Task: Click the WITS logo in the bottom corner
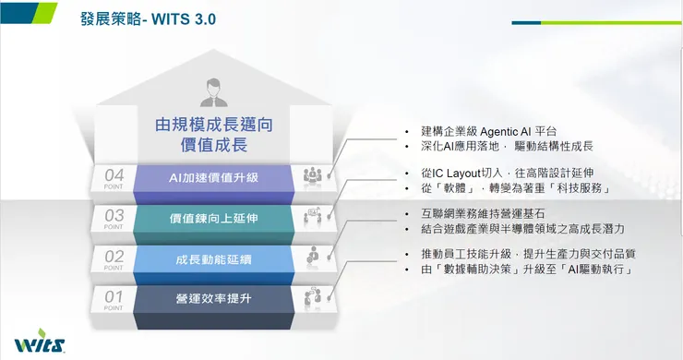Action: pos(40,343)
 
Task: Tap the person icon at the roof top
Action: pos(214,91)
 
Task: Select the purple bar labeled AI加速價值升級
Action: pos(214,175)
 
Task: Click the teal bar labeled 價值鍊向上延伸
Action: pos(214,218)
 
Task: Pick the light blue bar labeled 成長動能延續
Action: pos(214,258)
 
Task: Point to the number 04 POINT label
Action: pos(114,176)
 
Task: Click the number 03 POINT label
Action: pos(114,218)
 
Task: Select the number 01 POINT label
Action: pos(114,298)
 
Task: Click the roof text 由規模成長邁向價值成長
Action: pos(214,135)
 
